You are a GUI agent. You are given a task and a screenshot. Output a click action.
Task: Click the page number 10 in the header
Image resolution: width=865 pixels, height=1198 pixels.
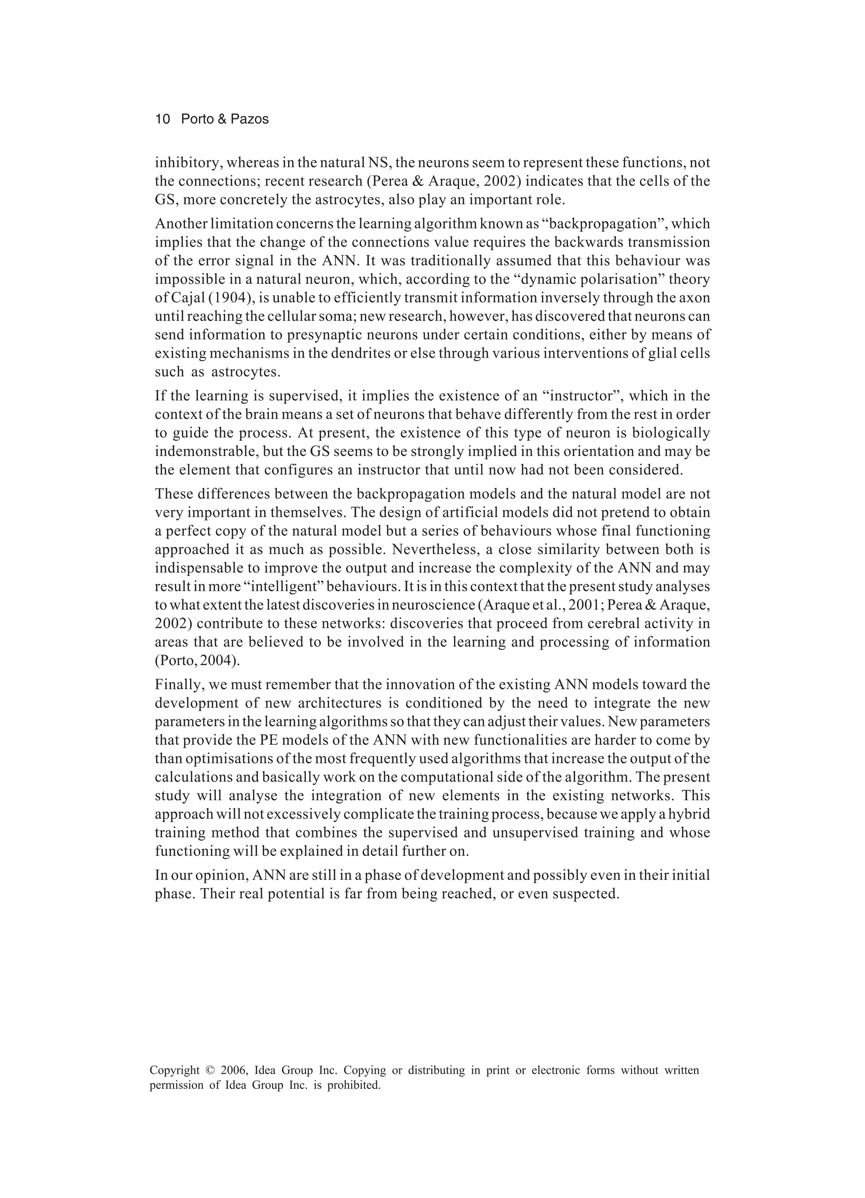point(162,120)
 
